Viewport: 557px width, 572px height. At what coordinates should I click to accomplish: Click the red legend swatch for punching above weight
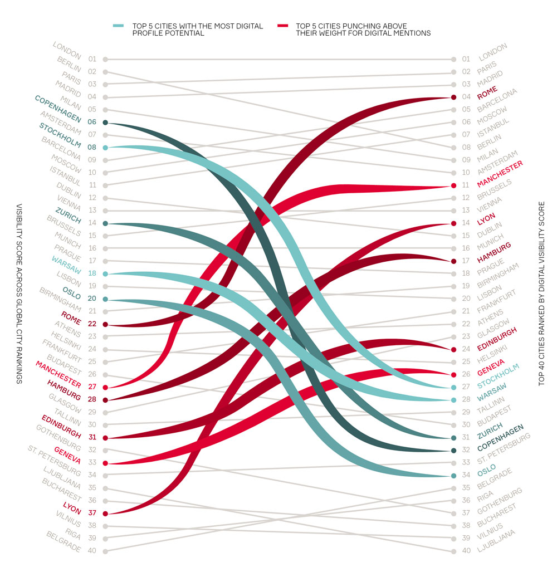[x=282, y=26]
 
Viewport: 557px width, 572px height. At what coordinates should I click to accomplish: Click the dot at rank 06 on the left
[x=105, y=122]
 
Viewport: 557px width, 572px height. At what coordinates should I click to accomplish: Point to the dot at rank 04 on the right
[x=453, y=97]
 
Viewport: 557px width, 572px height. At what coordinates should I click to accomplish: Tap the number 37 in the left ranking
[x=92, y=513]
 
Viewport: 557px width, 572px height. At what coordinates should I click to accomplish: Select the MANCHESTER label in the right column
[x=500, y=173]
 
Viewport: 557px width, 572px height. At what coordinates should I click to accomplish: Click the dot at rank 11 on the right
[x=453, y=185]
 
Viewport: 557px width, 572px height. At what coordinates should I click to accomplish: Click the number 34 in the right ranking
[x=466, y=475]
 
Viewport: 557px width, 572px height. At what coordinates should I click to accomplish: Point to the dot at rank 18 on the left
[x=105, y=273]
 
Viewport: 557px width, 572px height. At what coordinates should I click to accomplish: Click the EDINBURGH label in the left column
[x=61, y=427]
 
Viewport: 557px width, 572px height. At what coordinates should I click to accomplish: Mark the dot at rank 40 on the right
[x=453, y=551]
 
